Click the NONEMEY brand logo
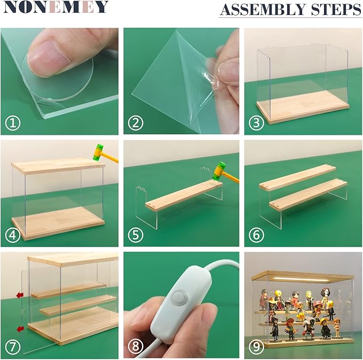pos(56,7)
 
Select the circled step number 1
pos(13,123)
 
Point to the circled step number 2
pos(135,123)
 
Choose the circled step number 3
pos(256,123)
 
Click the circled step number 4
pos(13,235)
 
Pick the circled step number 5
pos(135,235)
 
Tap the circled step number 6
pos(256,235)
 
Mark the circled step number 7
pos(13,347)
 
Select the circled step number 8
pos(135,347)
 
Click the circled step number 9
pos(256,347)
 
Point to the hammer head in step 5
pos(219,171)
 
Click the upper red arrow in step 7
pos(20,295)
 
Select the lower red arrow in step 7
pos(20,329)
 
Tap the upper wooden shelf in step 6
pos(297,178)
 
